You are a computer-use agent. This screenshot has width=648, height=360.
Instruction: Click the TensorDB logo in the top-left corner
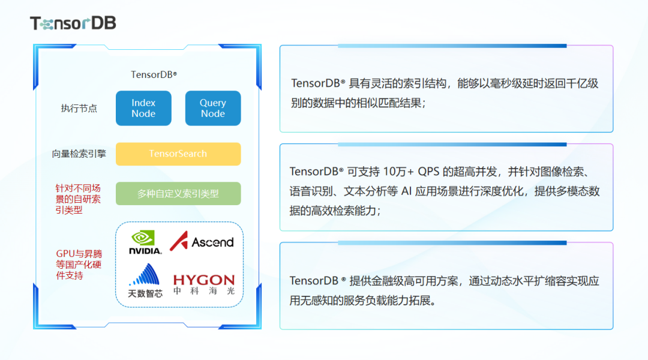[x=73, y=23]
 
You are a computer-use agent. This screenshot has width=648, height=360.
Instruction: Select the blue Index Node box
[x=143, y=108]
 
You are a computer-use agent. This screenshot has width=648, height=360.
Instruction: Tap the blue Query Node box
[x=213, y=108]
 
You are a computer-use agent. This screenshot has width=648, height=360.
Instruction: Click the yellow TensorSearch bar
[x=178, y=154]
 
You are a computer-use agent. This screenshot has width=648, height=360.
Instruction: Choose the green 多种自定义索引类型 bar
[x=178, y=194]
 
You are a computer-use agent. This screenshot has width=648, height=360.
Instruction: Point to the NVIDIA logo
[x=145, y=242]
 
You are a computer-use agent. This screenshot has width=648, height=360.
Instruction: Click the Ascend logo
[x=202, y=242]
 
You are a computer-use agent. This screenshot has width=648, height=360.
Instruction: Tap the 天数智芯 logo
[x=145, y=281]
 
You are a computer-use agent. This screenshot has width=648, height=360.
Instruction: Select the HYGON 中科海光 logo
[x=204, y=285]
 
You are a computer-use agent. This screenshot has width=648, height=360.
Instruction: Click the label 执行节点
[x=79, y=109]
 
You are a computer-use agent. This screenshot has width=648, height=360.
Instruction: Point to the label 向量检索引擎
[x=79, y=154]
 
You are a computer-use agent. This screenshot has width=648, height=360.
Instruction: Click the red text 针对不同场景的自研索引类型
[x=78, y=199]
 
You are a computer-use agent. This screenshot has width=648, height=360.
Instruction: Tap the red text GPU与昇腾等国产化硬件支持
[x=79, y=265]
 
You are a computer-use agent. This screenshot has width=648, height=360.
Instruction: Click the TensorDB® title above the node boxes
[x=154, y=75]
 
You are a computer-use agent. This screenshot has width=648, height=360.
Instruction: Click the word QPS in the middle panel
[x=429, y=172]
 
